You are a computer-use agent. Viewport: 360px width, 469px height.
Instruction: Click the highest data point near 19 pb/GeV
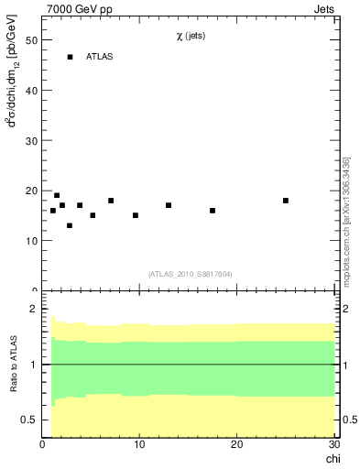(x=57, y=195)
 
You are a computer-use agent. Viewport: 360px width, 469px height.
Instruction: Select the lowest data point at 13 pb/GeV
(x=70, y=225)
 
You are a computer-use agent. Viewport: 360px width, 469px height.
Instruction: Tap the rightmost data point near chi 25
(x=286, y=201)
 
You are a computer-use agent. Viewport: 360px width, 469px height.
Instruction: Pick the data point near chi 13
(x=169, y=205)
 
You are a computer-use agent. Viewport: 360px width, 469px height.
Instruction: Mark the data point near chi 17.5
(x=213, y=211)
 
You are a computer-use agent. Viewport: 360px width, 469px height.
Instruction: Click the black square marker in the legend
(x=70, y=57)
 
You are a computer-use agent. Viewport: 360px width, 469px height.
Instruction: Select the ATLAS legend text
(x=101, y=57)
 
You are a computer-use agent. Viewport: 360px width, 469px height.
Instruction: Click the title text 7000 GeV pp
(x=80, y=9)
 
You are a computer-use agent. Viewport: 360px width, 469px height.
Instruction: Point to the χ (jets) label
(x=191, y=37)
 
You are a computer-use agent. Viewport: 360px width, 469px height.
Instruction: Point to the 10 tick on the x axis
(x=139, y=444)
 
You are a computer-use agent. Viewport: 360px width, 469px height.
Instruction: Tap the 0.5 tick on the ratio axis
(x=27, y=420)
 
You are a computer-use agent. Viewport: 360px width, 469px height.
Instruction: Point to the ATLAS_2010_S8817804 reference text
(x=191, y=273)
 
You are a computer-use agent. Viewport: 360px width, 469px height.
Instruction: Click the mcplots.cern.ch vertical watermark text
(x=346, y=220)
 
